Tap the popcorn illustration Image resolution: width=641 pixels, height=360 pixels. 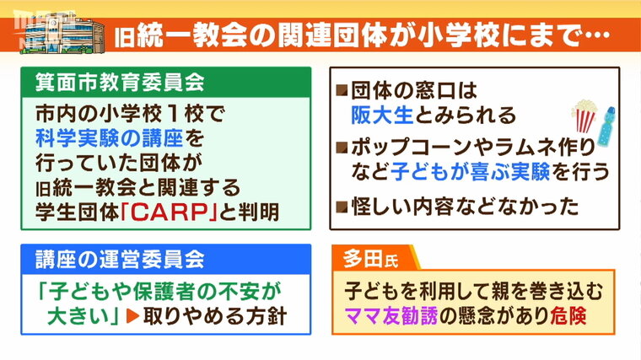coord(584,116)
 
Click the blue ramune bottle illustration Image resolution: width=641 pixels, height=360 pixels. coord(606,126)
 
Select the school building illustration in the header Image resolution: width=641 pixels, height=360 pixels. coord(62,35)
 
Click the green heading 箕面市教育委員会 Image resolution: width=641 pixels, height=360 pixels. coord(120,82)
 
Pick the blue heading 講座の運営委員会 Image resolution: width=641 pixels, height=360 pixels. coord(120,259)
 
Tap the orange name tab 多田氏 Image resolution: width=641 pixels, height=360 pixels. coord(371,258)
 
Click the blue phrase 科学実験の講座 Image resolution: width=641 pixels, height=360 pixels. coord(109,138)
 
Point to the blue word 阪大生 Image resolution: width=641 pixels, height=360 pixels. coord(383,115)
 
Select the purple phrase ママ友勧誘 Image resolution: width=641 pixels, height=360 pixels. coord(391,315)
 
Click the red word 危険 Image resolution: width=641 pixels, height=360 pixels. coord(568,315)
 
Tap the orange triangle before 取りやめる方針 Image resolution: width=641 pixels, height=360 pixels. coord(133,316)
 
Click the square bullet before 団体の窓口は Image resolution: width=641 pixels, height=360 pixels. coord(342,89)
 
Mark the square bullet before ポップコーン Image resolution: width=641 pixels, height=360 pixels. coord(342,148)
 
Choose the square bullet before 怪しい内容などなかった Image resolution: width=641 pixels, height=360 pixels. coord(342,207)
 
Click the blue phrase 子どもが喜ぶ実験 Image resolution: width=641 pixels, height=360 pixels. coord(470,172)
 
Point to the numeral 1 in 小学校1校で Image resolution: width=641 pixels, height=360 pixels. coord(174,114)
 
